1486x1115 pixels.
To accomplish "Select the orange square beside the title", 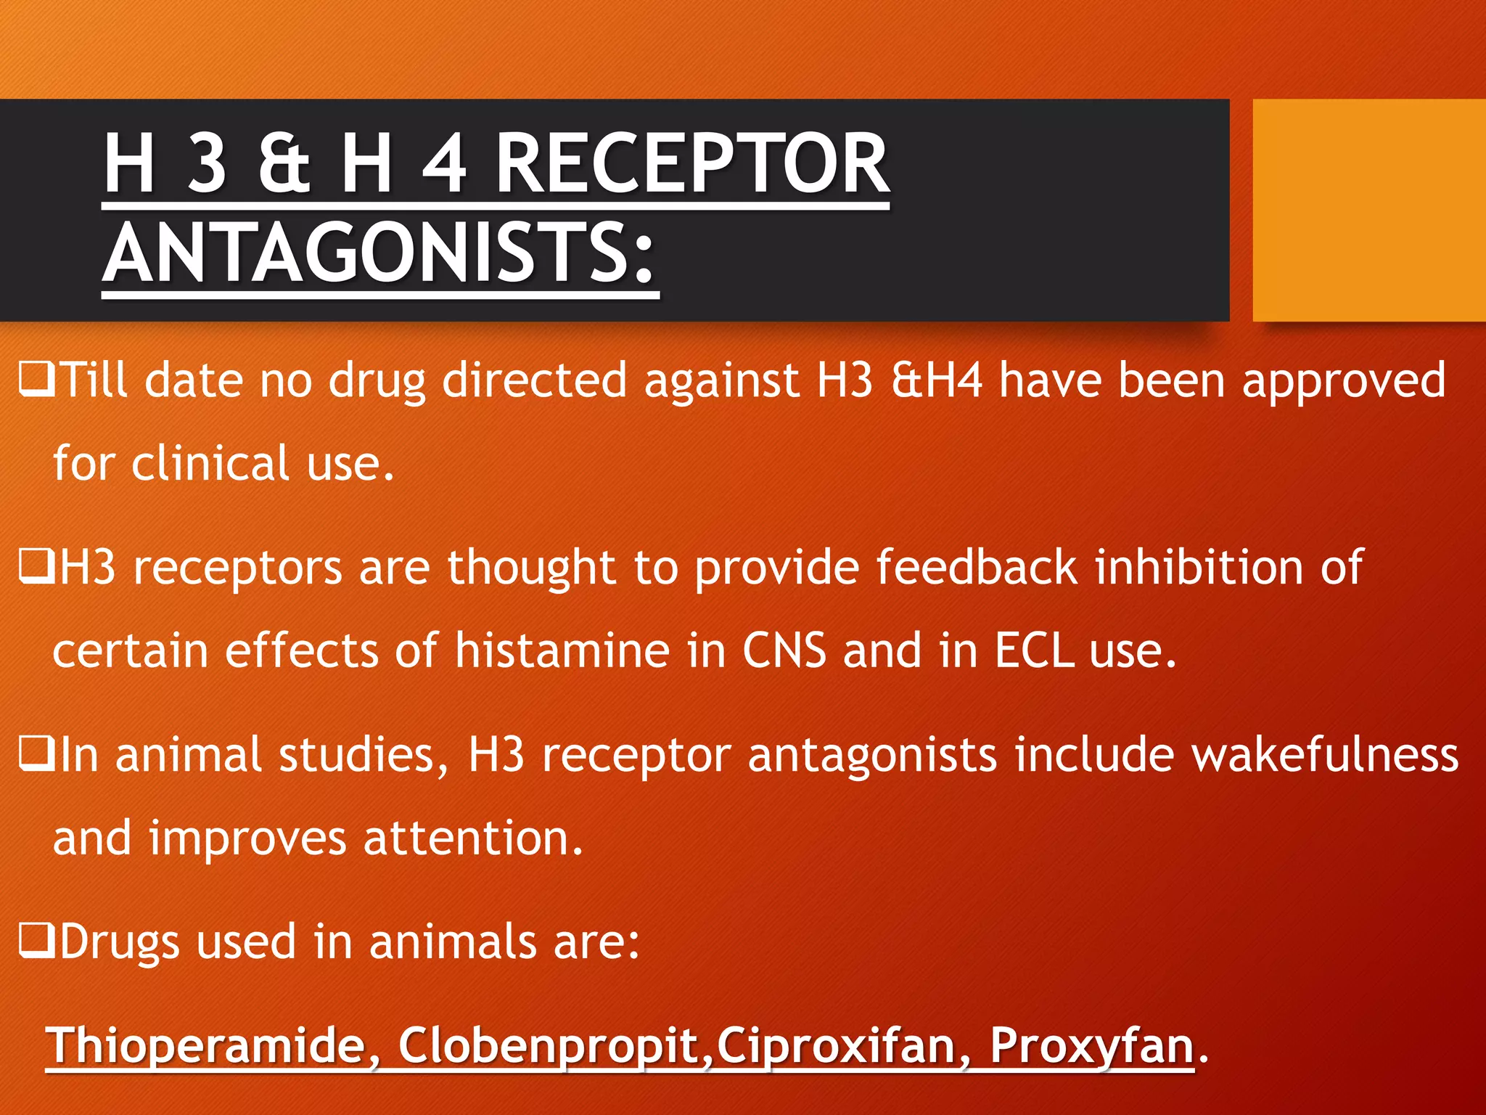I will click(x=1368, y=210).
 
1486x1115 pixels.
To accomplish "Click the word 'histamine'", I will click(x=562, y=650).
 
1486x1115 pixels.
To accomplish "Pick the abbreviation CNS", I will click(x=784, y=650).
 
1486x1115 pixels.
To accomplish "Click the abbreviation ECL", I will click(x=1033, y=650).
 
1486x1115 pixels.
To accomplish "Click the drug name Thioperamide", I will click(x=207, y=1045).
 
